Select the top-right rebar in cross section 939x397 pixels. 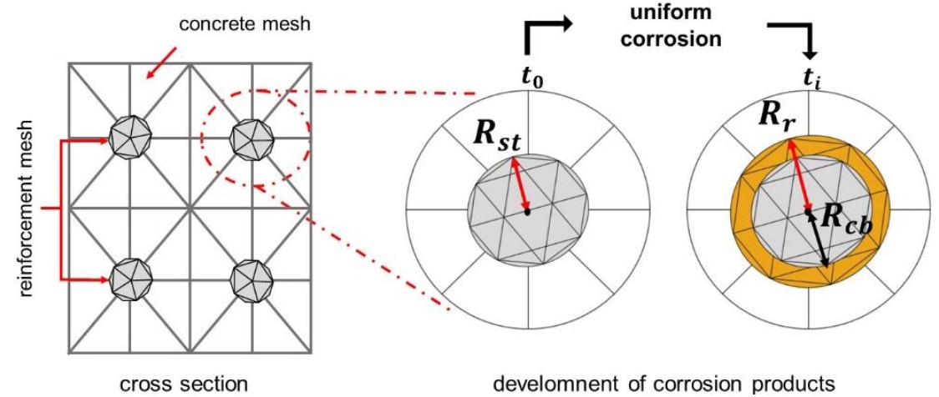coord(251,136)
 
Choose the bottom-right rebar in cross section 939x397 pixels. coord(251,277)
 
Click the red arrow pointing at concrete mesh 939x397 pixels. coord(161,63)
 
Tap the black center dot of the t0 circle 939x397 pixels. coord(528,213)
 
